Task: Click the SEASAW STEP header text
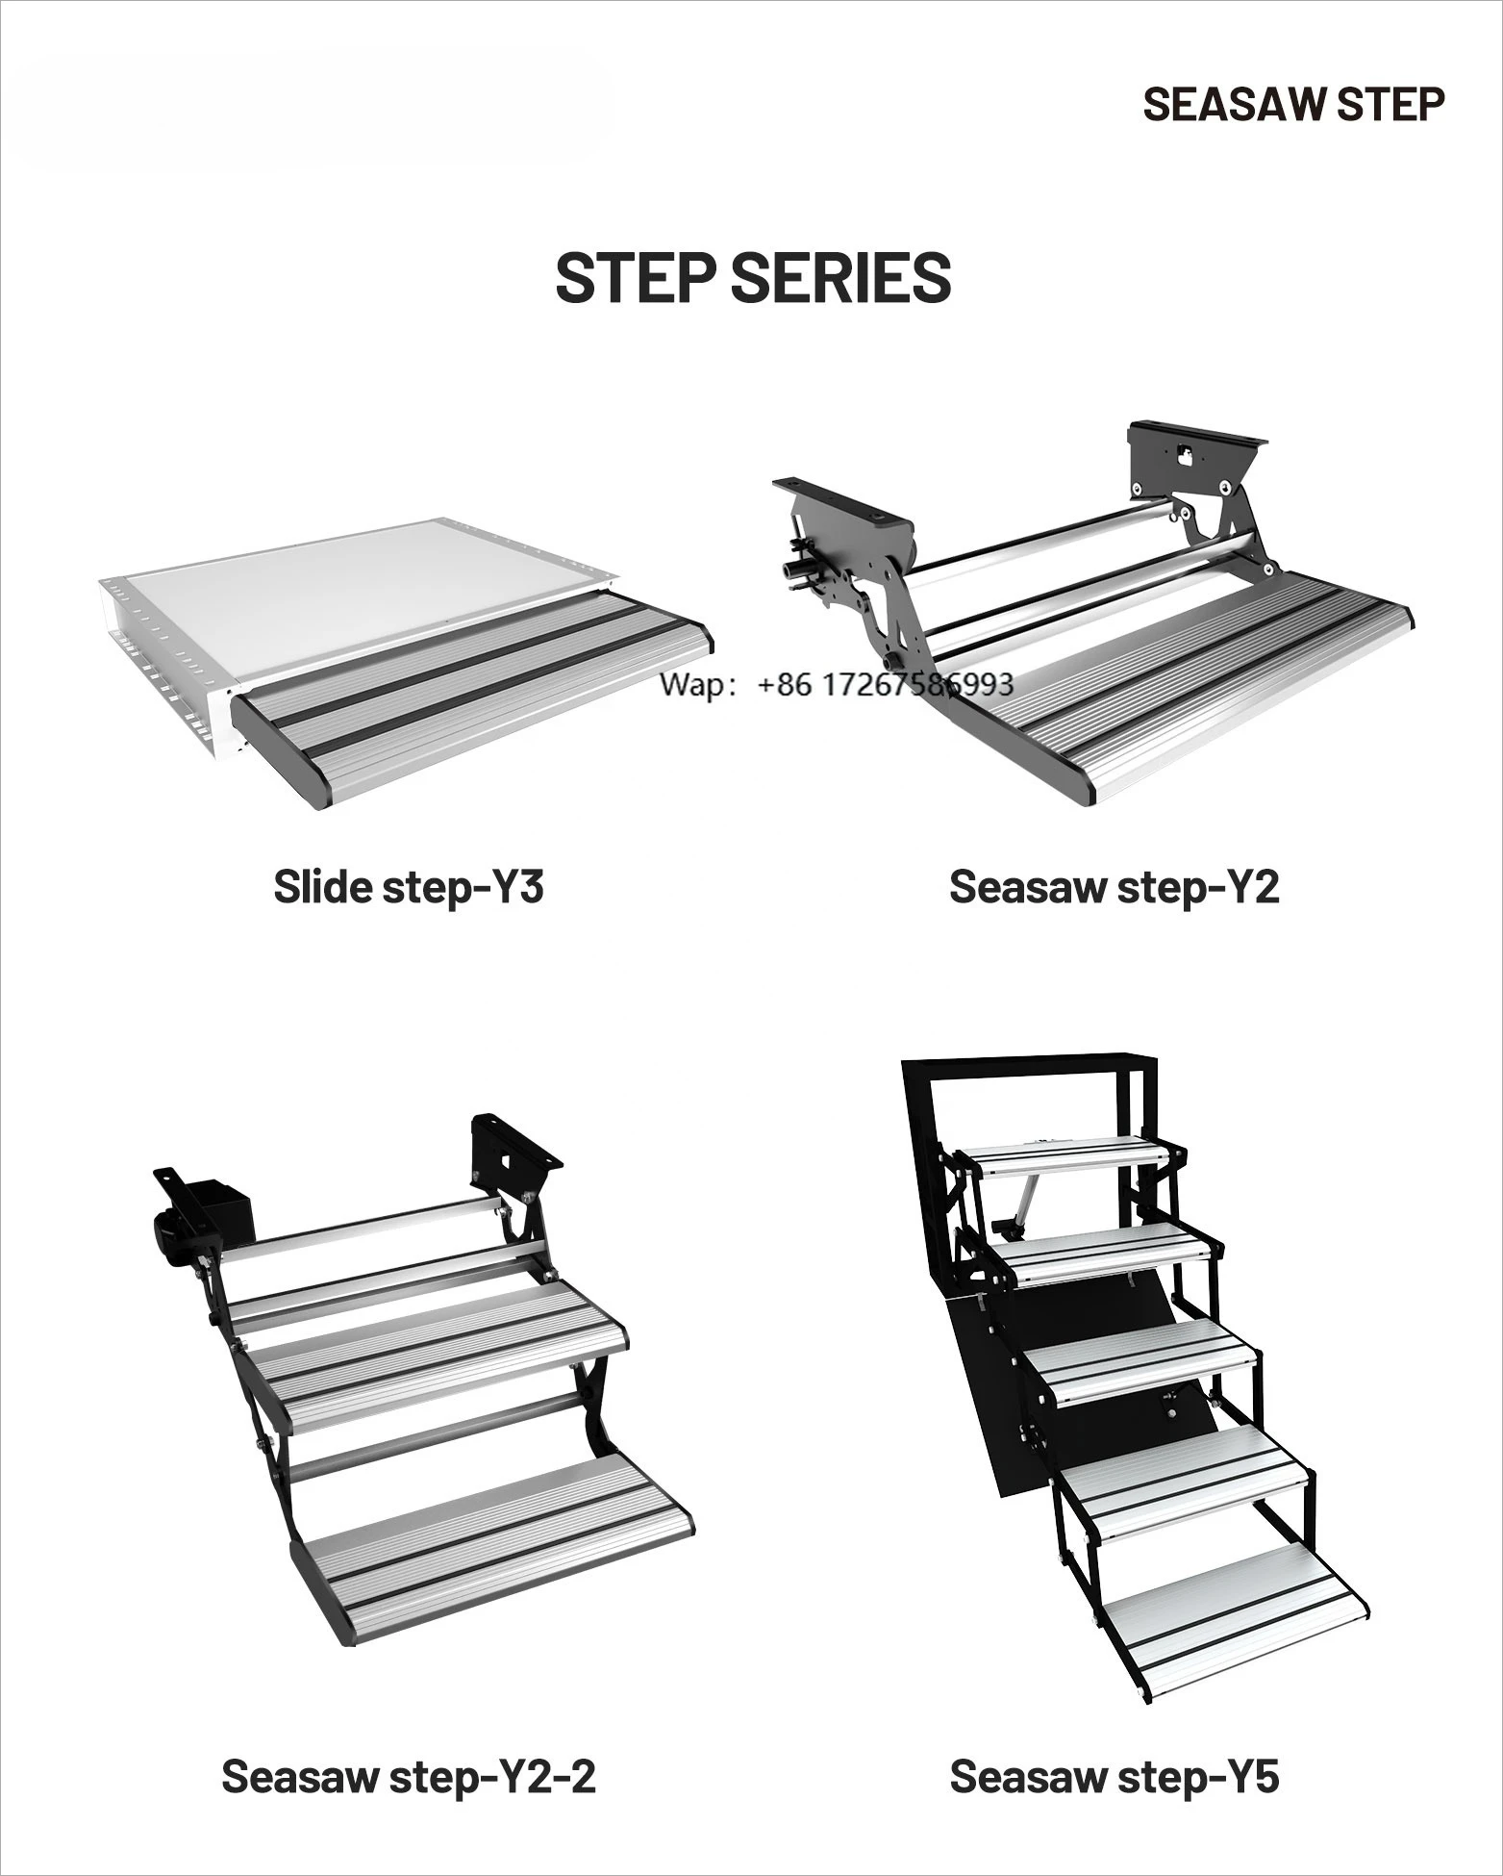[x=1292, y=104]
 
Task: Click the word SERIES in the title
[x=840, y=278]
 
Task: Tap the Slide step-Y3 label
[x=409, y=886]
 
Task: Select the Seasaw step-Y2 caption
[x=1114, y=886]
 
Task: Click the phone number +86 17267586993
[x=885, y=684]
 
